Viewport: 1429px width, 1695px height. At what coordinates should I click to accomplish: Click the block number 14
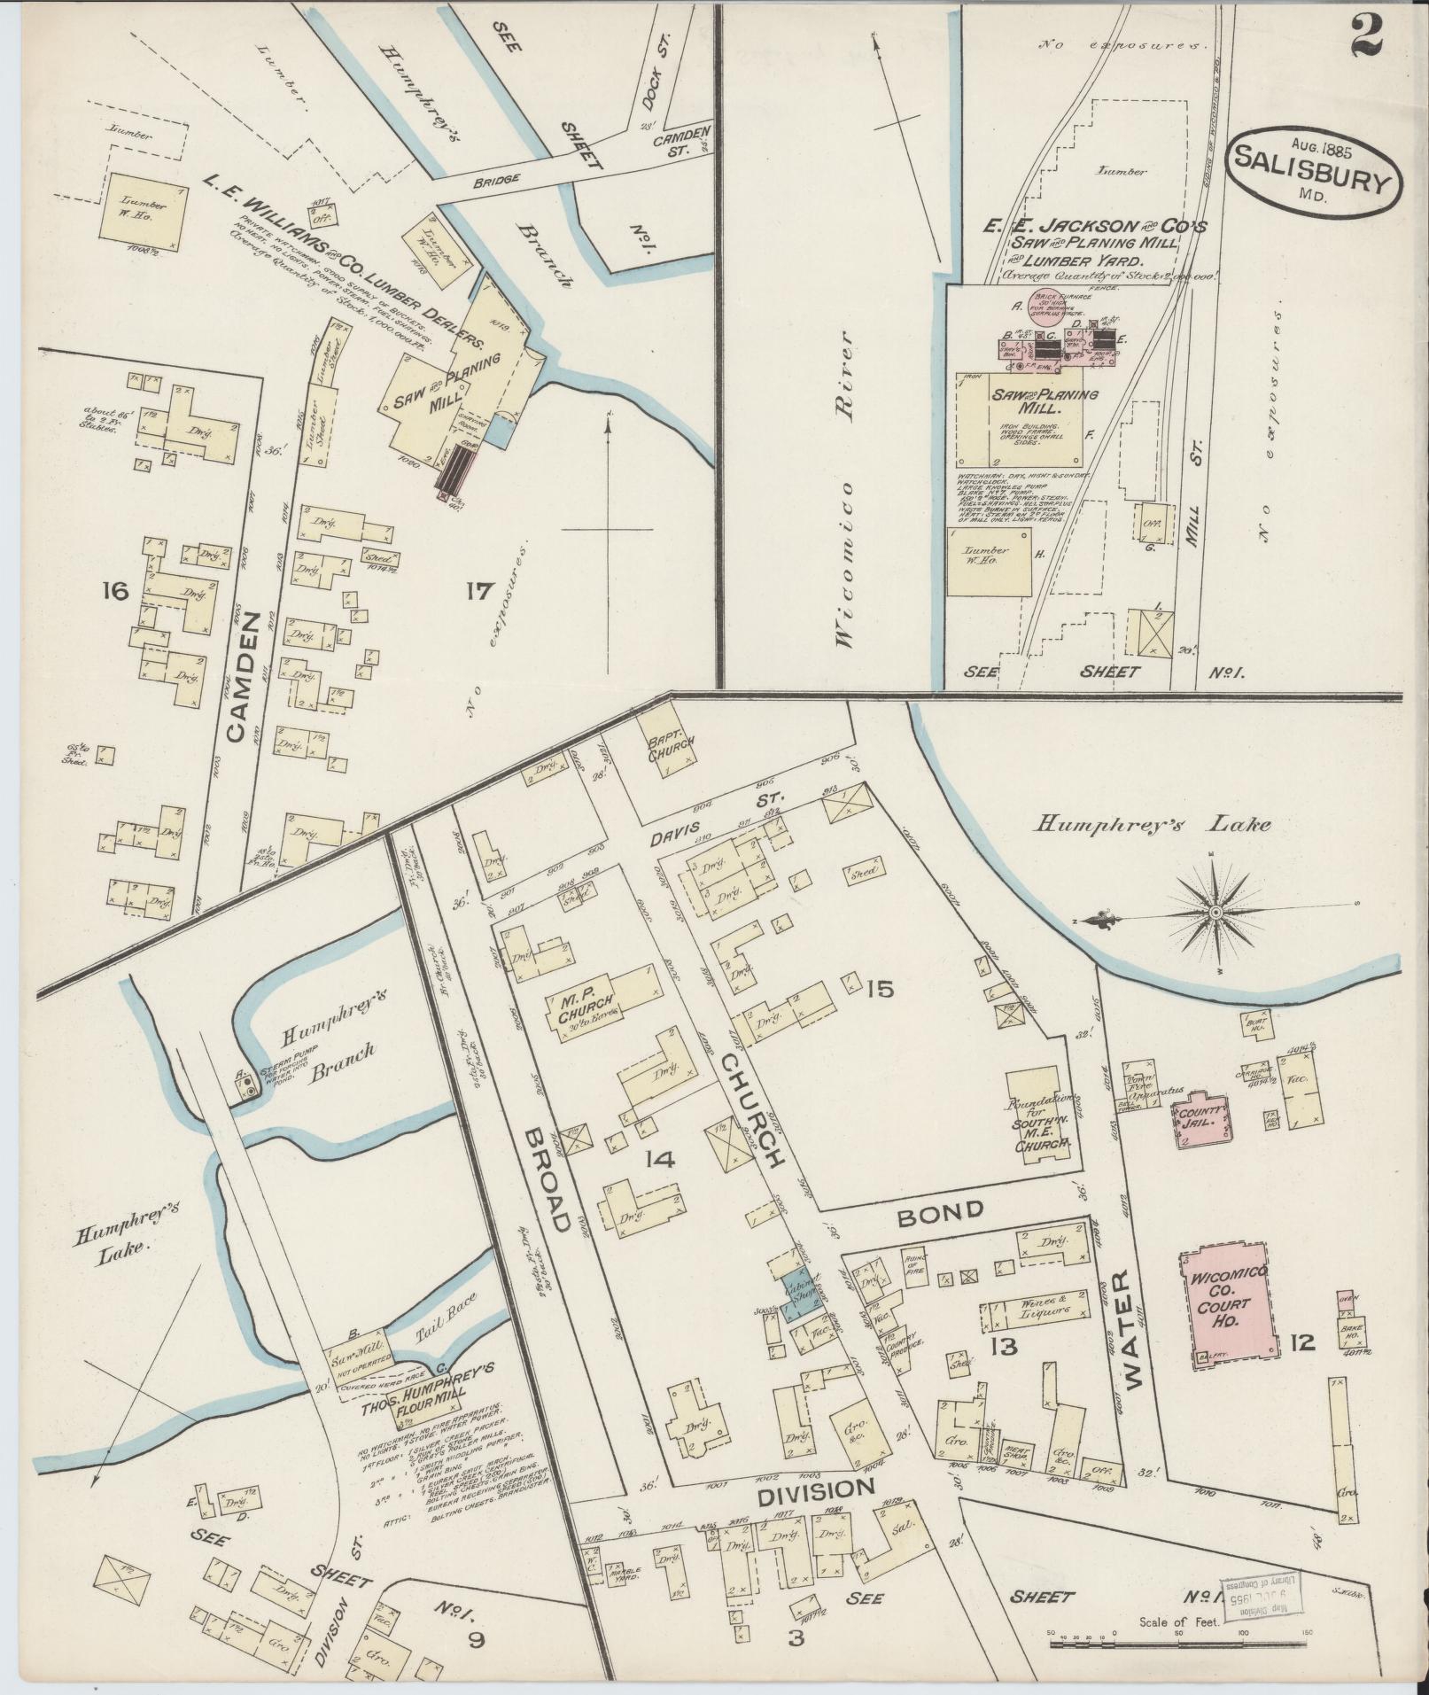click(x=660, y=1158)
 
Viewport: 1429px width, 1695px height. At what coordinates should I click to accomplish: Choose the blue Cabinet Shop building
click(x=800, y=1298)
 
